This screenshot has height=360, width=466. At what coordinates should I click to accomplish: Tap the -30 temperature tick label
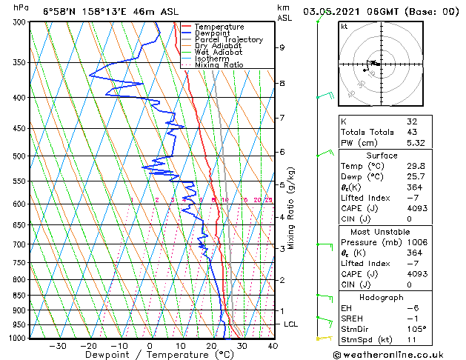point(57,345)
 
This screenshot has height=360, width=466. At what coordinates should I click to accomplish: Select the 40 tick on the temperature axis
point(273,345)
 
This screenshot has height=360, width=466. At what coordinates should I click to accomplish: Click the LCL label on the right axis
point(290,324)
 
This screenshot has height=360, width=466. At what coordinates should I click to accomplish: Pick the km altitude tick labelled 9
point(282,47)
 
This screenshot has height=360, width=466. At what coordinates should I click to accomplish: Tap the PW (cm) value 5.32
point(415,143)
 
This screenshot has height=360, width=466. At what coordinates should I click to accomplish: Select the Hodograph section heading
point(382,297)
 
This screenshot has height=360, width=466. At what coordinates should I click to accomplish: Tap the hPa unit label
point(21,7)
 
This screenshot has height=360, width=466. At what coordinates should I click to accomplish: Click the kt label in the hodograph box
point(344,27)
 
